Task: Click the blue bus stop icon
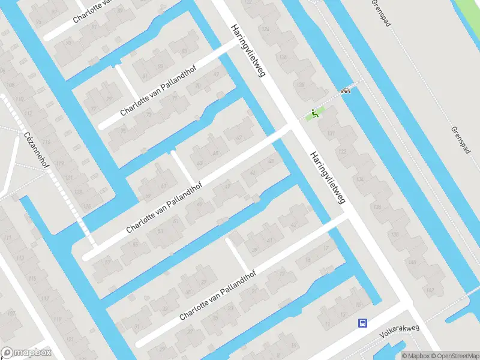click(362, 323)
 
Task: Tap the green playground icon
click(313, 113)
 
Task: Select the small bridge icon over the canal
click(346, 91)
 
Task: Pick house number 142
click(430, 290)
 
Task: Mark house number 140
click(412, 262)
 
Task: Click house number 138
click(377, 207)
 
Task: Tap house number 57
click(108, 262)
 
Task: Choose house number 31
click(137, 326)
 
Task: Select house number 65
click(200, 163)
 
